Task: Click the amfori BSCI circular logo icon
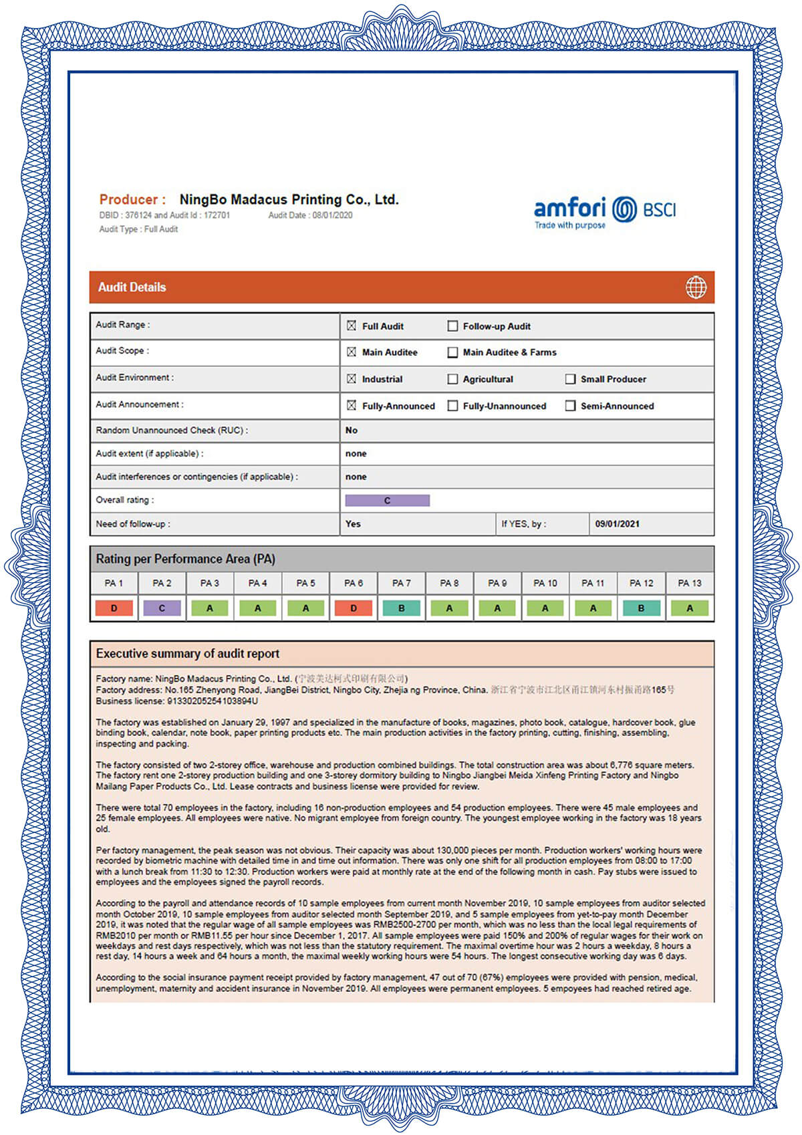(625, 209)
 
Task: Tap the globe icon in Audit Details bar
(696, 287)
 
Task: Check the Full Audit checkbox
(352, 326)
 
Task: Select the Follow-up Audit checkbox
(452, 326)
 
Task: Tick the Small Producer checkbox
(570, 379)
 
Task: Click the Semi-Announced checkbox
(570, 406)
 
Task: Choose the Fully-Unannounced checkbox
(452, 406)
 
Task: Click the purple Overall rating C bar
(387, 501)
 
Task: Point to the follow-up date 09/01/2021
(617, 524)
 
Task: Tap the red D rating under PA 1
(114, 608)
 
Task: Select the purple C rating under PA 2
(162, 608)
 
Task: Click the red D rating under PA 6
(354, 608)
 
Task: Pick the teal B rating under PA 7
(401, 608)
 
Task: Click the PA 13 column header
(690, 583)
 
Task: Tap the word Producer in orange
(128, 199)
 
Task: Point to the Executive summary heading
(188, 654)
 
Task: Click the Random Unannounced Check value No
(352, 430)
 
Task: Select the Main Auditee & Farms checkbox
(452, 352)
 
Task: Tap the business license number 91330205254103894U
(213, 701)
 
